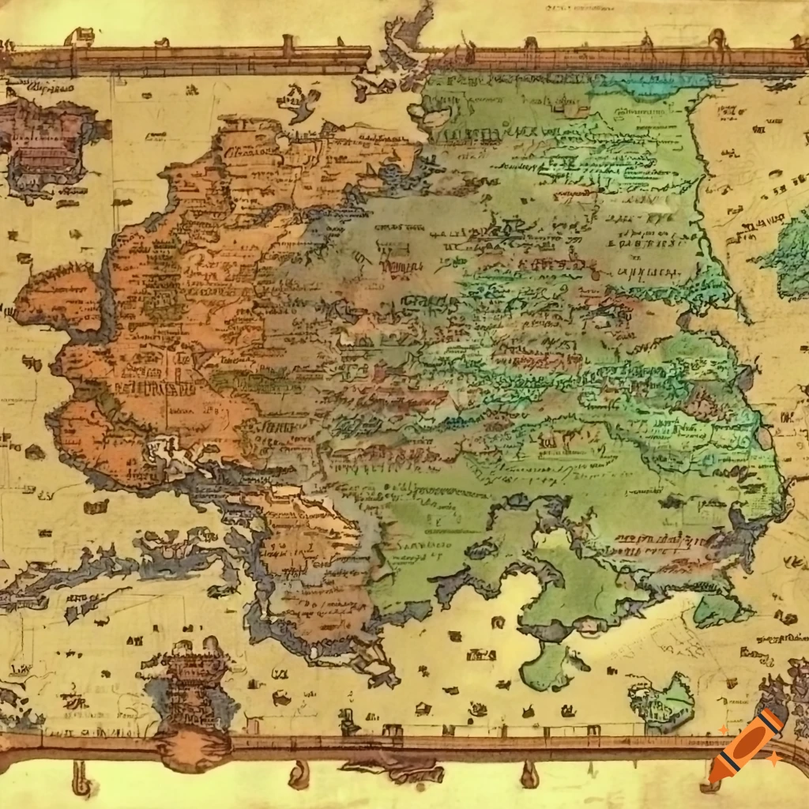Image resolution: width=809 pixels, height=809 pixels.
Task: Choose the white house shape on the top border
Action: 81,36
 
